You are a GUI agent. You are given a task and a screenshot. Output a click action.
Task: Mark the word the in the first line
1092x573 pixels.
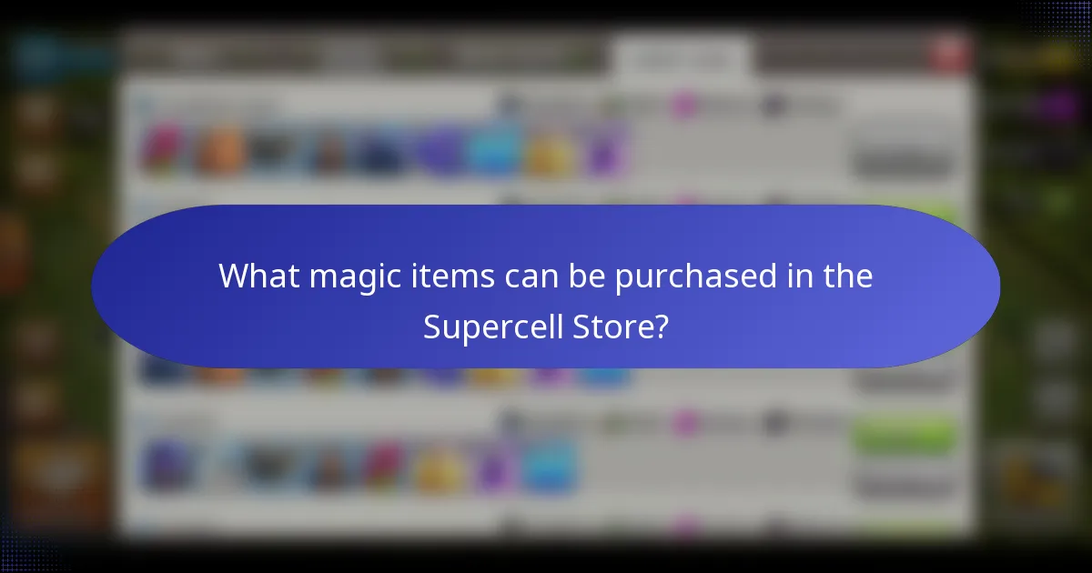[x=846, y=276]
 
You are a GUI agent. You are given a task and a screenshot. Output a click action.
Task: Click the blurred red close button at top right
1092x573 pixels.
[x=950, y=52]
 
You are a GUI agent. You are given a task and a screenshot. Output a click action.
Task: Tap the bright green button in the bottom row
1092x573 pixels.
[x=904, y=437]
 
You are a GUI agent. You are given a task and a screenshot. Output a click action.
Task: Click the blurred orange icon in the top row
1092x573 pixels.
[x=220, y=150]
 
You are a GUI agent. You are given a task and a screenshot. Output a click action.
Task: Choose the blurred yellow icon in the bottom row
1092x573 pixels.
[x=439, y=468]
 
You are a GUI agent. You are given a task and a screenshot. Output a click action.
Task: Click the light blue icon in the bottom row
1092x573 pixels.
[x=548, y=466]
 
